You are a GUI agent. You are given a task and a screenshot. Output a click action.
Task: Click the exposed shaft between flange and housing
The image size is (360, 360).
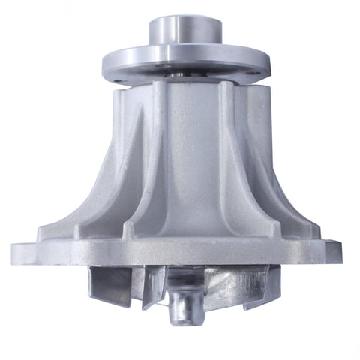point(182,76)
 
